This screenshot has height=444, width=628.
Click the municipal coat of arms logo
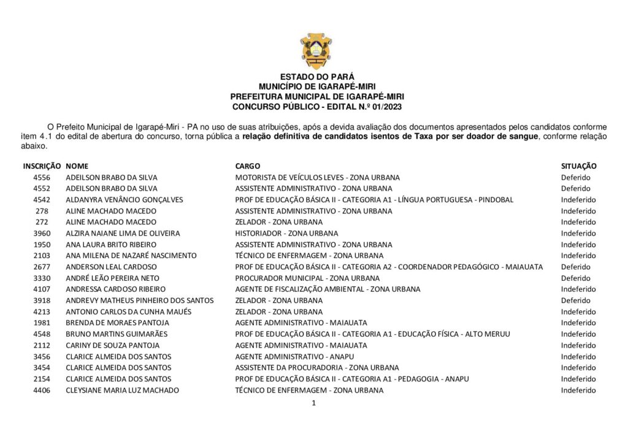click(x=316, y=50)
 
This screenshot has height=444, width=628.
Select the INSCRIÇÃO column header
click(x=42, y=166)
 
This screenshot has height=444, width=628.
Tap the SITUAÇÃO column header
click(x=578, y=166)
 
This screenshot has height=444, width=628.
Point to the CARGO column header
click(x=247, y=166)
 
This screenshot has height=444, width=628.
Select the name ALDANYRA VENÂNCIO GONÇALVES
click(x=124, y=200)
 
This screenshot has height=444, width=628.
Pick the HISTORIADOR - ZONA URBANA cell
click(x=286, y=233)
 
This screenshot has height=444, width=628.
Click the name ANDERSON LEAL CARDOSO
click(x=111, y=267)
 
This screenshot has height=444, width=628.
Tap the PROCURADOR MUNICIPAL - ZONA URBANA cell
click(x=307, y=278)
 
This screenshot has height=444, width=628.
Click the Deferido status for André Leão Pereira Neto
click(x=575, y=278)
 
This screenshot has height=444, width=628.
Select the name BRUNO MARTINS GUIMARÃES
click(x=117, y=334)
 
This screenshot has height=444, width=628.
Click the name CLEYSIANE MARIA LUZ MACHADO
click(x=122, y=390)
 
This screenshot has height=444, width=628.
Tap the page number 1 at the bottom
click(x=313, y=403)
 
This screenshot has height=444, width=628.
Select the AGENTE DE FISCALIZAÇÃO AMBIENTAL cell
click(x=327, y=289)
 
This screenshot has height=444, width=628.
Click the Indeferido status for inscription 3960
click(x=578, y=233)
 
